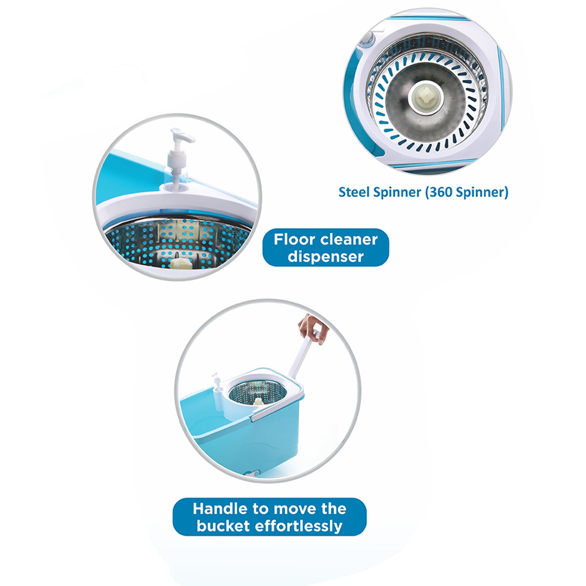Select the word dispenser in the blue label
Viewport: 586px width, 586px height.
pyautogui.click(x=326, y=257)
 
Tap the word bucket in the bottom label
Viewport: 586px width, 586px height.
pyautogui.click(x=223, y=526)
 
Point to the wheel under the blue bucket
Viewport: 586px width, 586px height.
pyautogui.click(x=256, y=473)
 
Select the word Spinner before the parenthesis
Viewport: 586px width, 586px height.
pyautogui.click(x=396, y=192)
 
